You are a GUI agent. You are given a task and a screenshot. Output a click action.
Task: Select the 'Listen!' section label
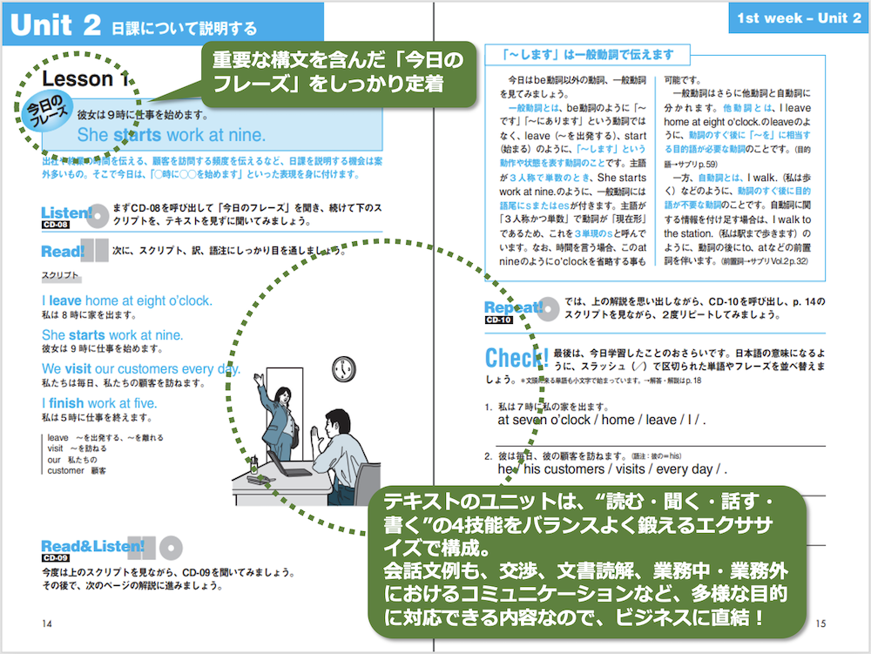pos(66,212)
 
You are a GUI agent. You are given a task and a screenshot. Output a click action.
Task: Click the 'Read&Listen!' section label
pos(92,546)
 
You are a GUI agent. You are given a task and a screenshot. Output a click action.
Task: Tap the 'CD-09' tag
pos(55,558)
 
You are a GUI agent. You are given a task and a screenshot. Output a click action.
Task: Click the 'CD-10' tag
pos(500,320)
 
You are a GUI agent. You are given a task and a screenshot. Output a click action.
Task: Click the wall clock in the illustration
pos(344,368)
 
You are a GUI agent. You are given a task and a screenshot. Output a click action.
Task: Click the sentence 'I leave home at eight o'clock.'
pos(126,300)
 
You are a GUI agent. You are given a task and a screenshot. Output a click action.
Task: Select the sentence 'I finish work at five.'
pos(99,403)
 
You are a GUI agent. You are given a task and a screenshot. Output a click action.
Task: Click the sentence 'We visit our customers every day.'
pos(140,368)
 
